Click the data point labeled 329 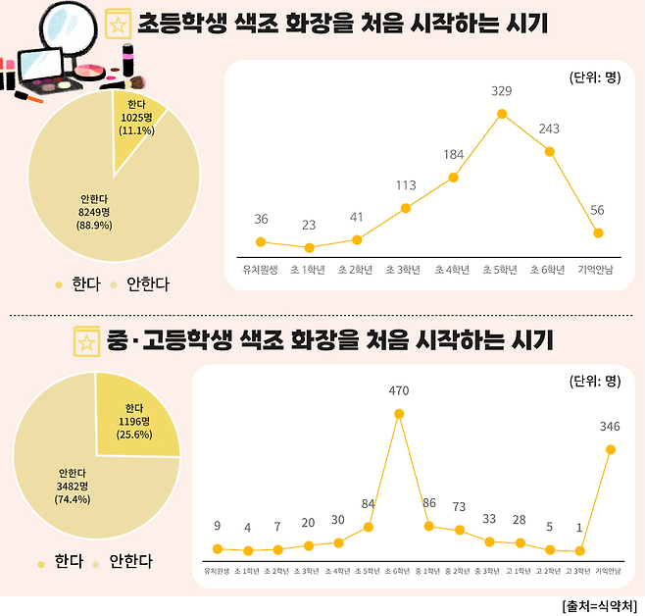pyautogui.click(x=502, y=114)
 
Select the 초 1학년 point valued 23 pyautogui.click(x=309, y=248)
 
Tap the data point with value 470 pyautogui.click(x=399, y=413)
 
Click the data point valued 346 pyautogui.click(x=611, y=449)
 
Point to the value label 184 pyautogui.click(x=453, y=154)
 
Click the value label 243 pyautogui.click(x=549, y=128)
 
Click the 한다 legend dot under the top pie pyautogui.click(x=59, y=285)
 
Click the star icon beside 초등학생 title pyautogui.click(x=119, y=24)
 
